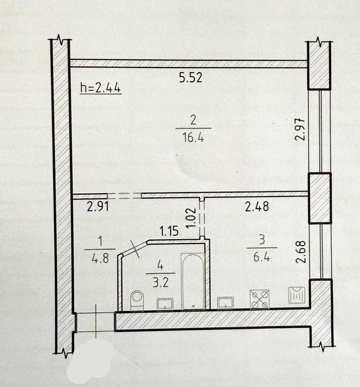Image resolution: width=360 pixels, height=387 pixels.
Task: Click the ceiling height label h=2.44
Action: [100, 88]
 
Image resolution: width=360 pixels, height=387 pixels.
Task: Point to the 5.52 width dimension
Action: [191, 78]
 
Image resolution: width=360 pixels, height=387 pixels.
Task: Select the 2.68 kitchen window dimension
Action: [301, 252]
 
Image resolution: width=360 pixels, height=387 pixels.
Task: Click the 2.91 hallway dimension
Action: [98, 207]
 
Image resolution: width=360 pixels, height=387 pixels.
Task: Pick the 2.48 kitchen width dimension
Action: [257, 207]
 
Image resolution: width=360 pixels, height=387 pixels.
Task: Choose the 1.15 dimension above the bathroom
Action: [169, 231]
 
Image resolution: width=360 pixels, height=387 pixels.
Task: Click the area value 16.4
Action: [193, 137]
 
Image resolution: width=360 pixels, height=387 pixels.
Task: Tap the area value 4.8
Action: [100, 258]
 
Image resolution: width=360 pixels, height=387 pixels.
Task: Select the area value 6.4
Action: [262, 256]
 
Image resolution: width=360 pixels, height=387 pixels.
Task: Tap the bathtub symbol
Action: [193, 281]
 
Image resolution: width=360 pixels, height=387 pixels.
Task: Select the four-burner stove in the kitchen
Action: [260, 299]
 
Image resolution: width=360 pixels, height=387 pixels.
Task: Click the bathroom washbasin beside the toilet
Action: [165, 303]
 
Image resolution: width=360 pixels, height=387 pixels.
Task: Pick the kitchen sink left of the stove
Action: [225, 303]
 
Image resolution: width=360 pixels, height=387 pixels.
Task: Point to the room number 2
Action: [193, 121]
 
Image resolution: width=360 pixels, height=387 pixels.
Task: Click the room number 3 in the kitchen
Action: [262, 240]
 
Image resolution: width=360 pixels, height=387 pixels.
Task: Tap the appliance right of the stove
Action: [297, 295]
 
